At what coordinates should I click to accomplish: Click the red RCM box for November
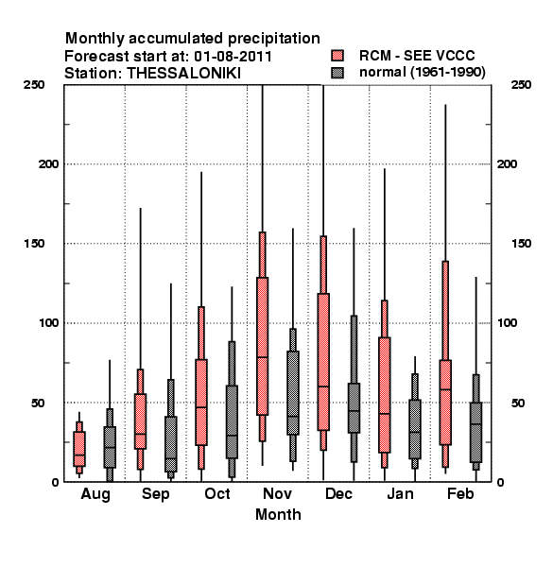click(262, 346)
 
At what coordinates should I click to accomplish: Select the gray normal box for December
click(354, 408)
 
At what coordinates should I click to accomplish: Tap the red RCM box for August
click(79, 449)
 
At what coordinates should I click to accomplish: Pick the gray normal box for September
click(171, 444)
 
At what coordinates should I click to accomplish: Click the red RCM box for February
click(445, 403)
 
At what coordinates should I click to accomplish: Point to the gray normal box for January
click(415, 429)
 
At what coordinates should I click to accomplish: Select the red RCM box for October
click(201, 403)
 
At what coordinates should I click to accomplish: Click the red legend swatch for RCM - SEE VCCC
click(337, 56)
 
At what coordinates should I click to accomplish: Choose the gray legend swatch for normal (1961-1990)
click(337, 73)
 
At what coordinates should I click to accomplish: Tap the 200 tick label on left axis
click(48, 164)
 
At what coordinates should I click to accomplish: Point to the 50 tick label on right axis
click(518, 403)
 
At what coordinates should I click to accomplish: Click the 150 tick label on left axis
click(34, 244)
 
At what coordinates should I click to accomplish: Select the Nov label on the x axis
click(277, 493)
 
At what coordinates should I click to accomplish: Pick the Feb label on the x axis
click(460, 493)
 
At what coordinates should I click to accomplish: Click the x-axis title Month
click(278, 514)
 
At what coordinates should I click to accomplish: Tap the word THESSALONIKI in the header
click(183, 74)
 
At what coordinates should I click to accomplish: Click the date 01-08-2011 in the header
click(233, 57)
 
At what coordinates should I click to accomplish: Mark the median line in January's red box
click(385, 413)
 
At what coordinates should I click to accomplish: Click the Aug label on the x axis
click(95, 494)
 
